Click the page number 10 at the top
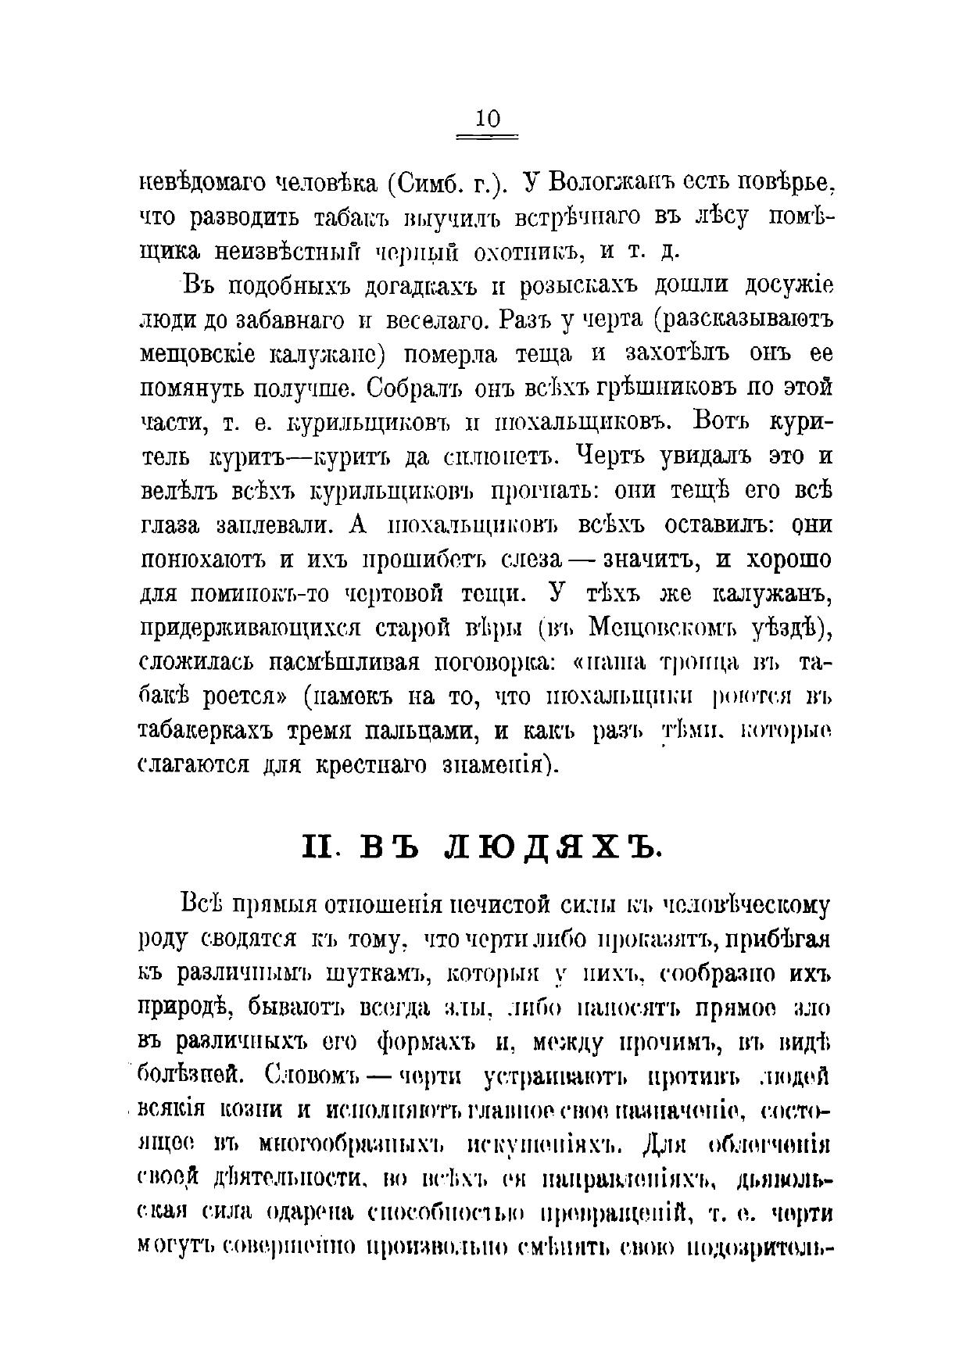487,119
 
